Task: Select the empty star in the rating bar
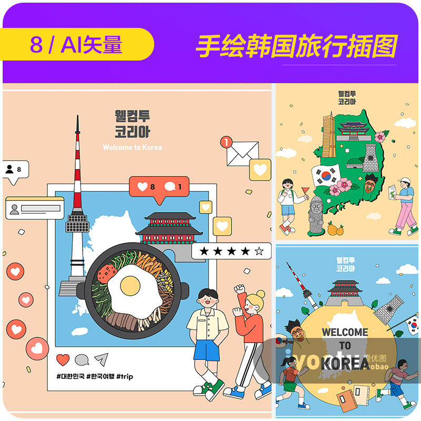point(259,251)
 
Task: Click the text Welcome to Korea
point(132,147)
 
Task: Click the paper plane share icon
point(101,359)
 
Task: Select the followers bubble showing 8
point(15,169)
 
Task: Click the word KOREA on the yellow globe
point(345,363)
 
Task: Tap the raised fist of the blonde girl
point(240,289)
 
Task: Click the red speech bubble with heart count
point(158,187)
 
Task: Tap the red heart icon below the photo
point(63,359)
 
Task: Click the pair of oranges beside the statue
point(336,229)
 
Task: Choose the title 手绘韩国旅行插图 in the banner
point(296,46)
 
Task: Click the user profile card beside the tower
point(35,208)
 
